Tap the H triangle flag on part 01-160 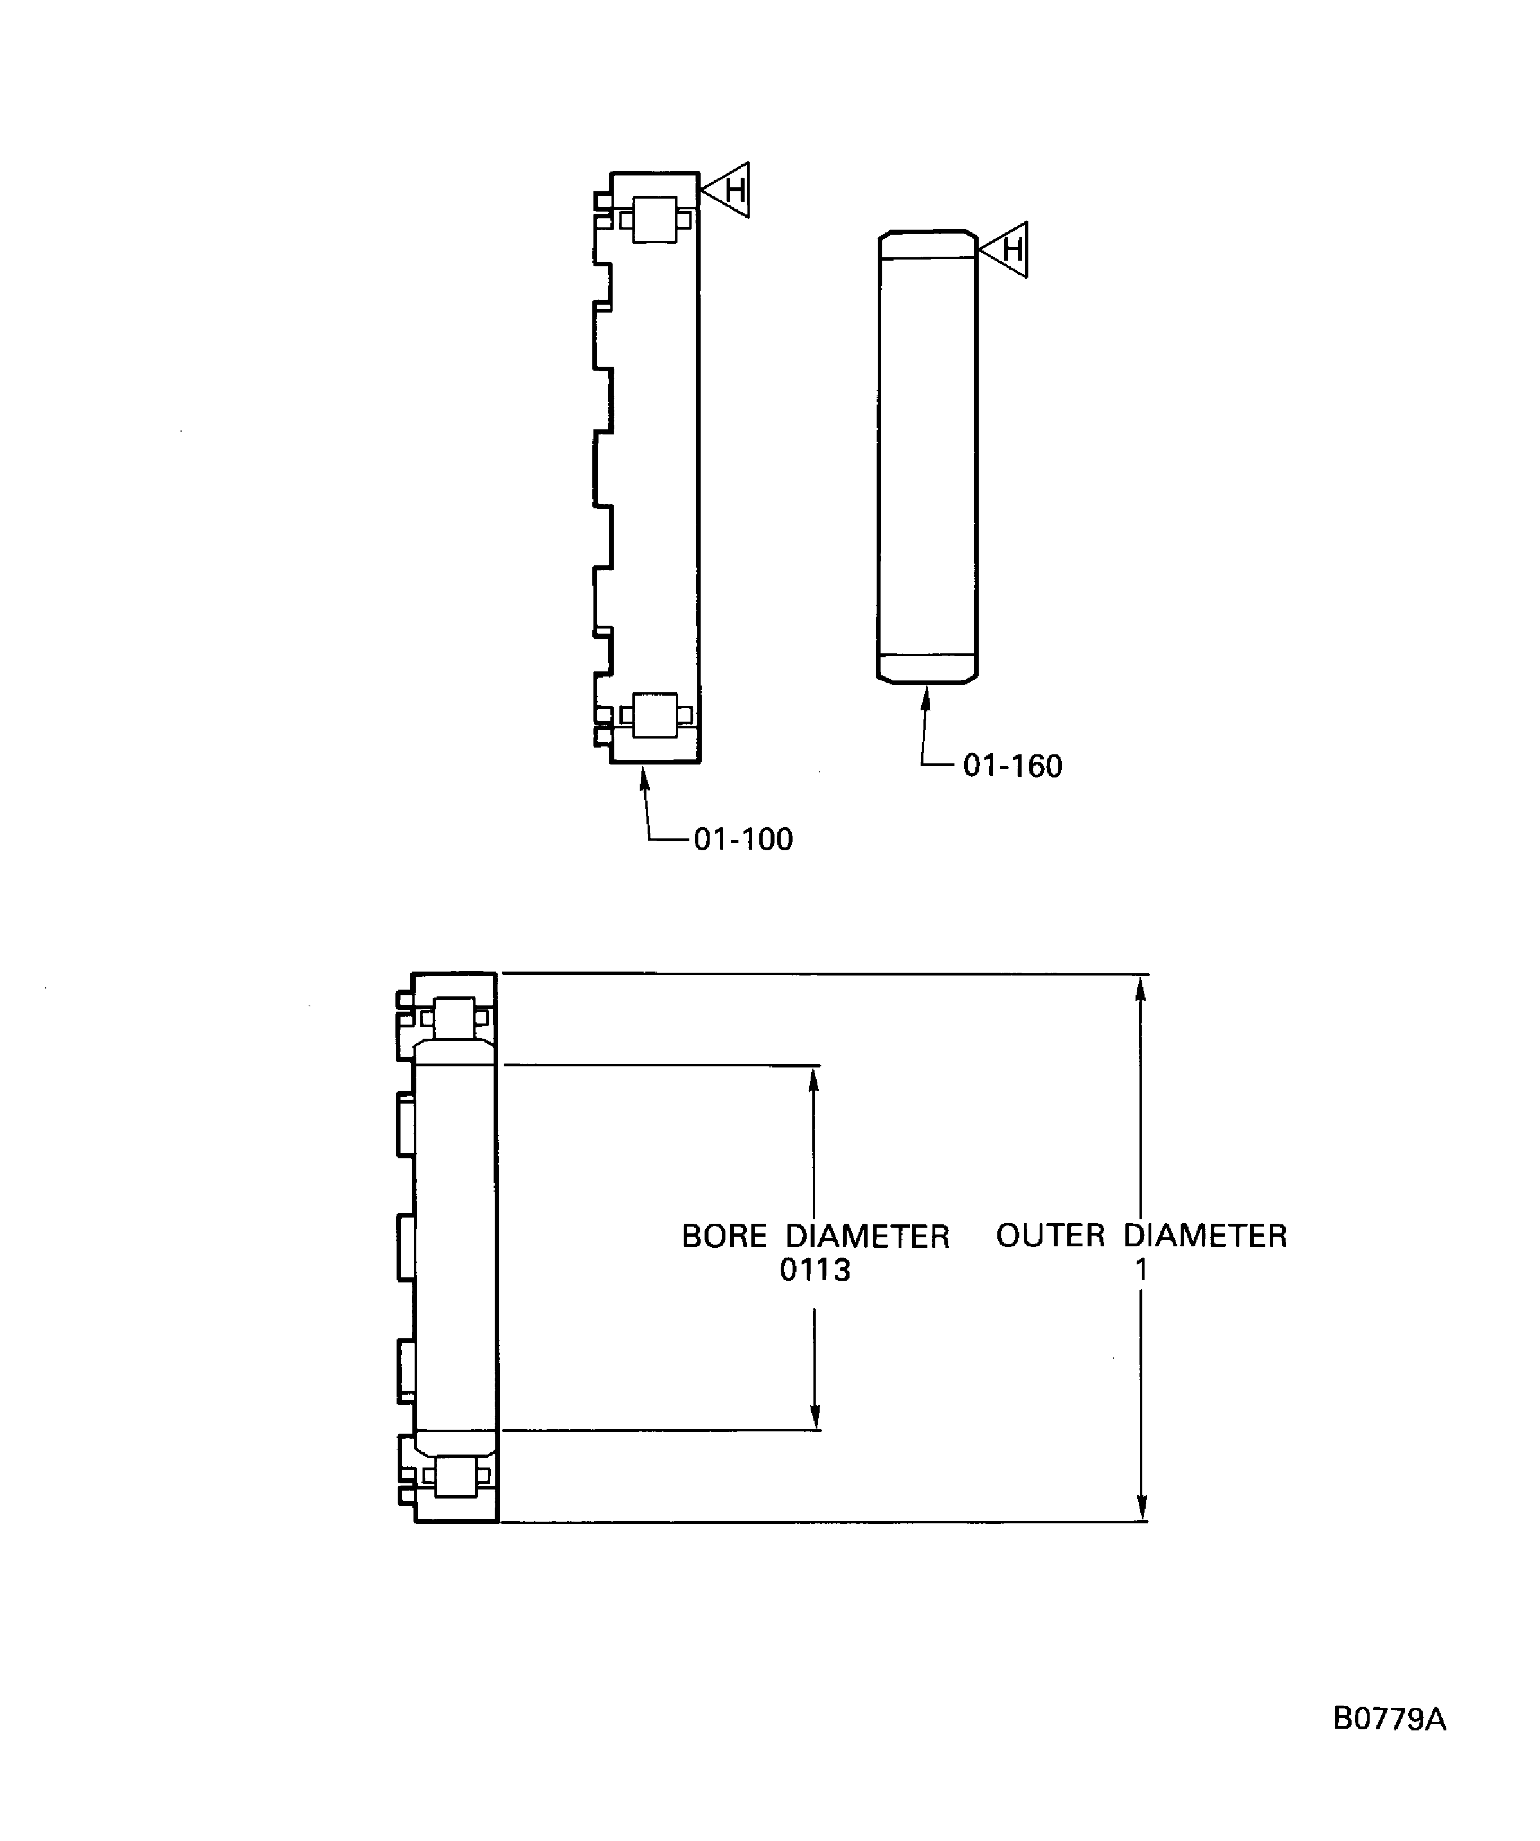1009,250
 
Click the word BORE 724,1236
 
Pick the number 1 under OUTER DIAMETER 1141,1269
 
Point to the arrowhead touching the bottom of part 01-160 926,698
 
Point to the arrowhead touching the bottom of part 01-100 644,777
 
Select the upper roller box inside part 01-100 655,219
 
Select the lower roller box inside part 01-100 655,715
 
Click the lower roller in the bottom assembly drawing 455,1477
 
